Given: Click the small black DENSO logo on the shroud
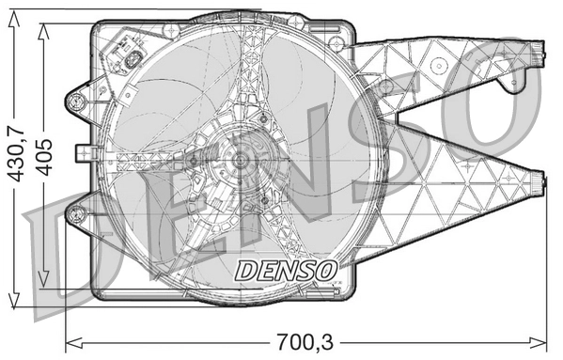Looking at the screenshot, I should click(286, 270).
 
